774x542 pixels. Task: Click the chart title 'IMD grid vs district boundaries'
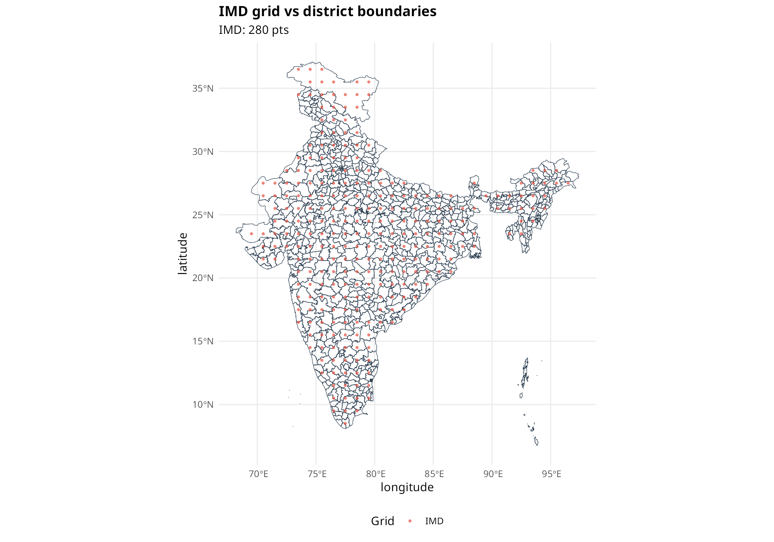point(327,12)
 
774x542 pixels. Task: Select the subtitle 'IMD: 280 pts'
point(254,30)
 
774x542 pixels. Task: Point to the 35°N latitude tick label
point(203,88)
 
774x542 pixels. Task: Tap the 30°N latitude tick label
point(203,152)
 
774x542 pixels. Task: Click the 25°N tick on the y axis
point(203,215)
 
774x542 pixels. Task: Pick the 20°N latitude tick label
point(203,278)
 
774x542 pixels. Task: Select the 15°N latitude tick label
point(203,341)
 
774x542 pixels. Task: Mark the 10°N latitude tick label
point(203,404)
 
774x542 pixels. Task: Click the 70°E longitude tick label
point(258,474)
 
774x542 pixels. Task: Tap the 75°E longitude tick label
point(317,474)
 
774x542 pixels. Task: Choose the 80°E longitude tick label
point(376,474)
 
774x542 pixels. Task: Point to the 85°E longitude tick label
point(434,474)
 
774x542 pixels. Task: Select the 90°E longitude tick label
point(493,474)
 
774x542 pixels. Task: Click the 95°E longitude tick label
point(551,474)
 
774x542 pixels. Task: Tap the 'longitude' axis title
point(407,487)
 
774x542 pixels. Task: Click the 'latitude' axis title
point(183,254)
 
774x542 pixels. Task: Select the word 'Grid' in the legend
point(382,521)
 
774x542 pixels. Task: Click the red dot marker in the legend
point(410,521)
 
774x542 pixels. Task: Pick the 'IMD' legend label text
point(434,521)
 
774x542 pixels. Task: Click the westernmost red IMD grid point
point(251,233)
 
